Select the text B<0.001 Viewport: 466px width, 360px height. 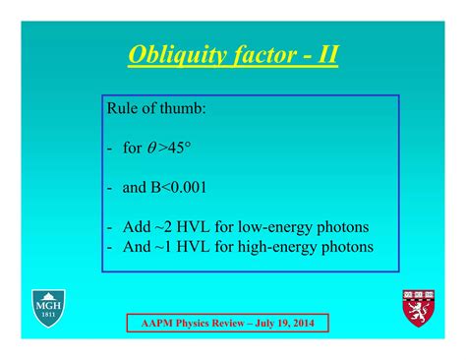pyautogui.click(x=178, y=186)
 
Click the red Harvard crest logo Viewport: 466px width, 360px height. pyautogui.click(x=416, y=308)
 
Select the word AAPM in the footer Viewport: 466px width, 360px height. pyautogui.click(x=151, y=324)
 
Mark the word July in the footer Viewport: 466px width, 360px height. pyautogui.click(x=266, y=324)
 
